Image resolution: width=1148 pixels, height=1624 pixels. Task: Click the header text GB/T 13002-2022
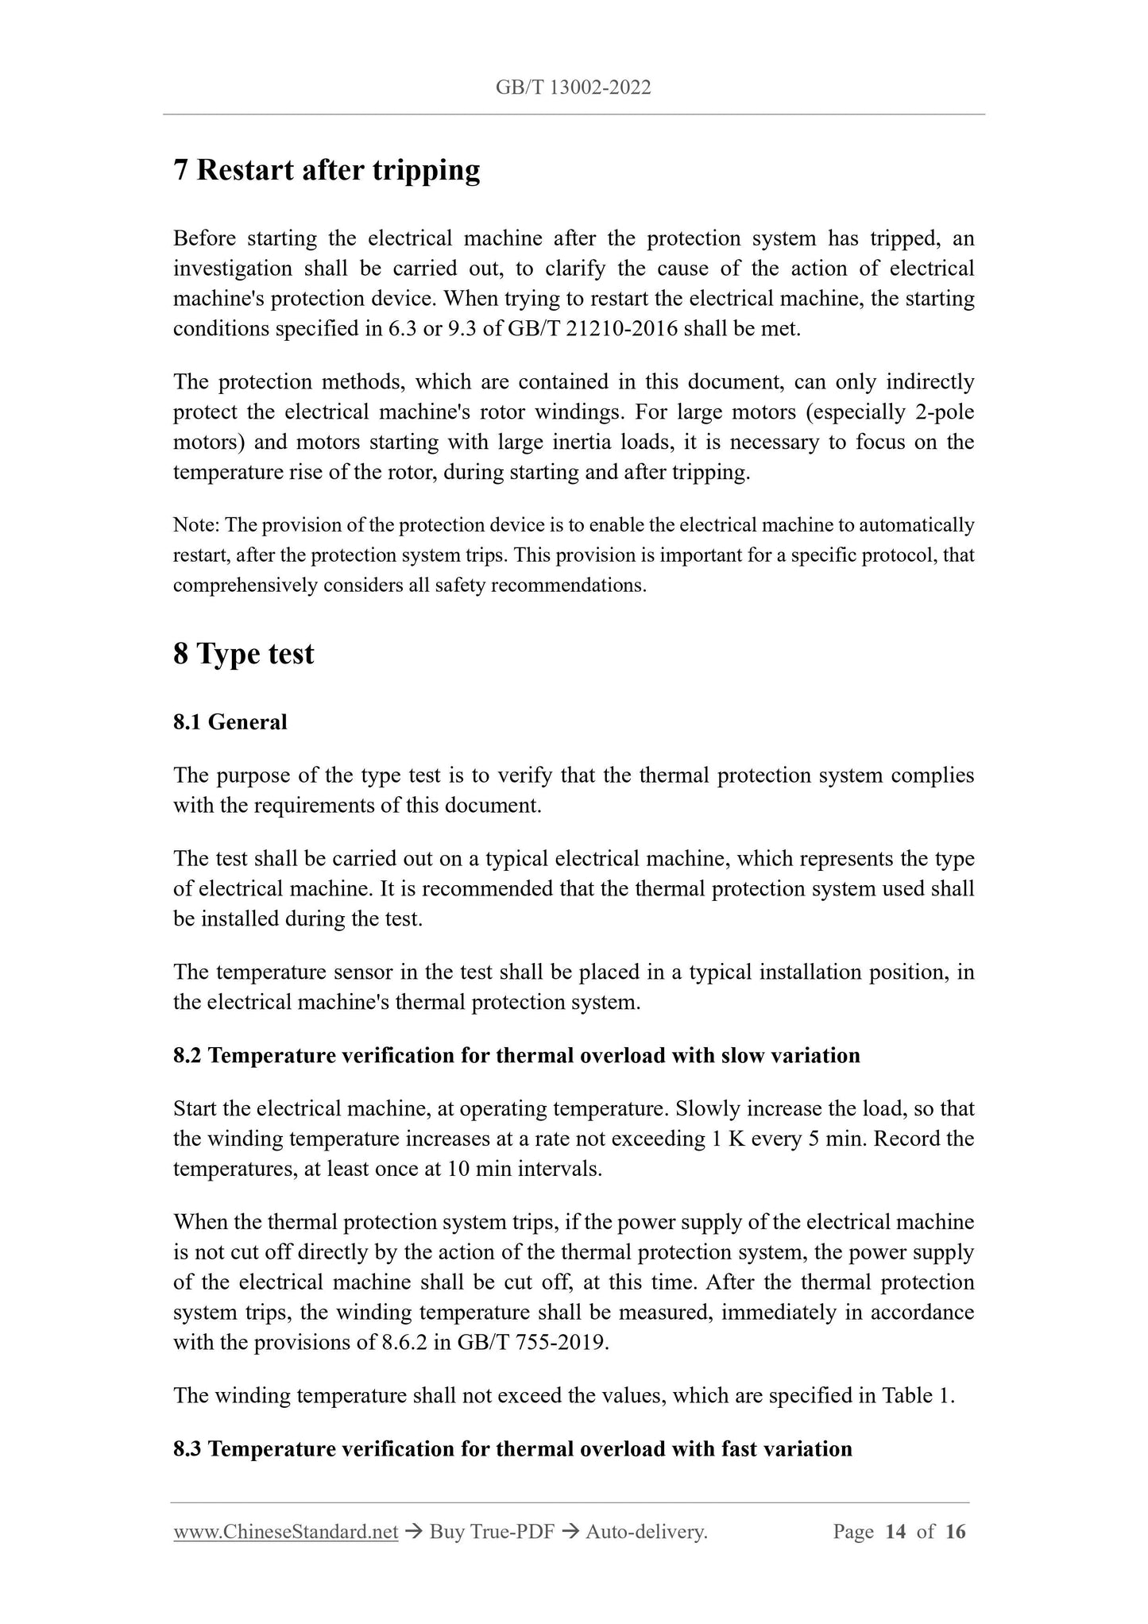(573, 88)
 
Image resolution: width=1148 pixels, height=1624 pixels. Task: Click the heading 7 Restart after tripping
(327, 170)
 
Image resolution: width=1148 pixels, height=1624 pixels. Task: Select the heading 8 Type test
(243, 654)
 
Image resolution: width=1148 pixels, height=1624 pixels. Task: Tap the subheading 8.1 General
(230, 722)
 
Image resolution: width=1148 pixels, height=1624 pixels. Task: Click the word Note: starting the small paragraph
(196, 525)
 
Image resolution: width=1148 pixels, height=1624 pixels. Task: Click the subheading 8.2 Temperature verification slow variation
(516, 1056)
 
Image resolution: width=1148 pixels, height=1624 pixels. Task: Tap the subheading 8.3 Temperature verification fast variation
(512, 1449)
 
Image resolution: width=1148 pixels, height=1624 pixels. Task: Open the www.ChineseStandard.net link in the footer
(285, 1532)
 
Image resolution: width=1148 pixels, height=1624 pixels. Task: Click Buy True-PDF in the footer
(492, 1532)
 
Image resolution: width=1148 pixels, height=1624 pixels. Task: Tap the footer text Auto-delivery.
(646, 1532)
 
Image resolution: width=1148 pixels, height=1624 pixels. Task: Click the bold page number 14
(895, 1532)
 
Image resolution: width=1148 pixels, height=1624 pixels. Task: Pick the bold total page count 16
(955, 1532)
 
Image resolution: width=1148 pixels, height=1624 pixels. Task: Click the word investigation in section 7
(231, 269)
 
